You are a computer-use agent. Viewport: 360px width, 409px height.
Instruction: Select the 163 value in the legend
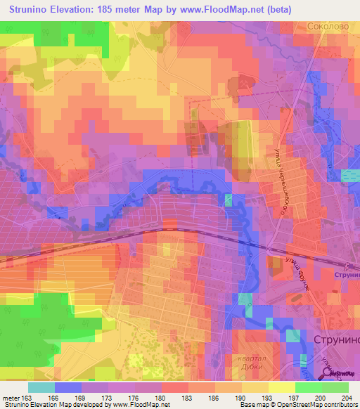[x=26, y=398]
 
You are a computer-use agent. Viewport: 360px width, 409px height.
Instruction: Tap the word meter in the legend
[x=10, y=398]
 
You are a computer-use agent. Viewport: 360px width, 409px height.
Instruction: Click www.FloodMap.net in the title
[x=215, y=10]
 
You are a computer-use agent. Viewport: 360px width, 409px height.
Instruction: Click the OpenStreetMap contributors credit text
[x=315, y=405]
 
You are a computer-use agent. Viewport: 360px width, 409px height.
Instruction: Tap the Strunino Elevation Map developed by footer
[x=56, y=405]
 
